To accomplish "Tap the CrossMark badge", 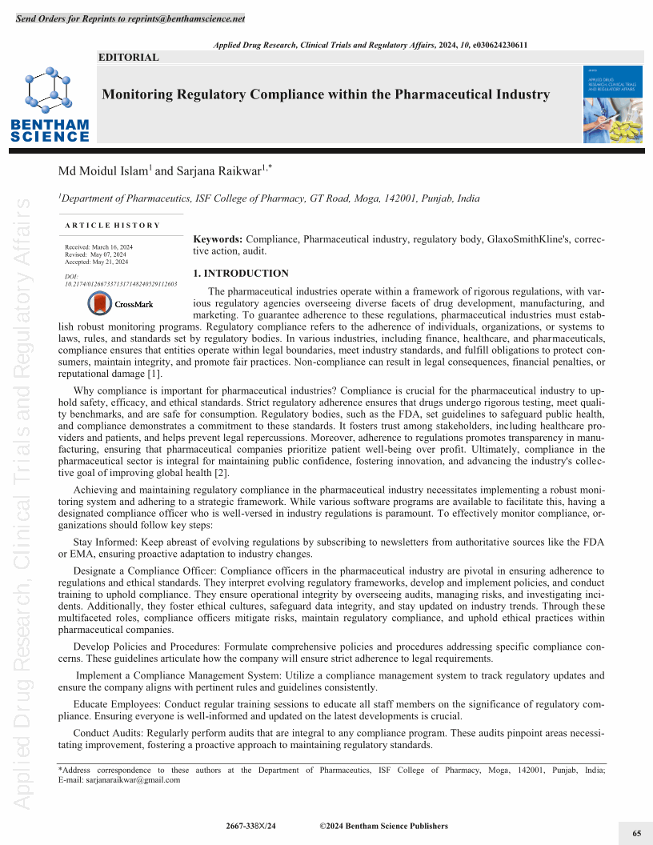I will (x=120, y=304).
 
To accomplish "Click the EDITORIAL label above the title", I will (x=128, y=58).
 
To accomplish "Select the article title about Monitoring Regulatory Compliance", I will (x=326, y=94).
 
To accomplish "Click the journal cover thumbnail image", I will (x=612, y=104).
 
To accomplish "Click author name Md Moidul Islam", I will (x=103, y=170).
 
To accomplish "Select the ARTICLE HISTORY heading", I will (x=113, y=226).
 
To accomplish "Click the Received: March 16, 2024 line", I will (x=98, y=247).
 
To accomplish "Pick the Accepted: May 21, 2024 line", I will (x=96, y=262).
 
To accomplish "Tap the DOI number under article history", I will (x=120, y=283).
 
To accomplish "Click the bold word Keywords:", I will (x=218, y=239).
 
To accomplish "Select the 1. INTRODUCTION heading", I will (x=240, y=274).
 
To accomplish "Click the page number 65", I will (x=637, y=833).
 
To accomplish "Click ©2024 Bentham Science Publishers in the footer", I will (x=383, y=826).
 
